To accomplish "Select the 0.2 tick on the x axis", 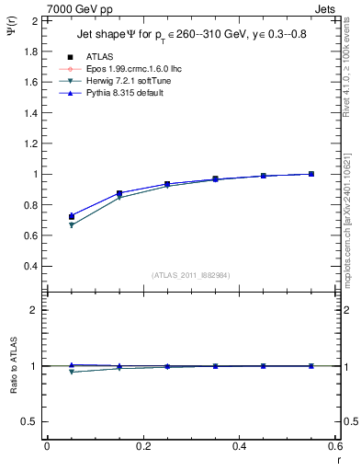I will [142, 447].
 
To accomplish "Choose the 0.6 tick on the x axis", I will [334, 447].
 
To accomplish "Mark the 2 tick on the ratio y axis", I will [35, 310].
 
